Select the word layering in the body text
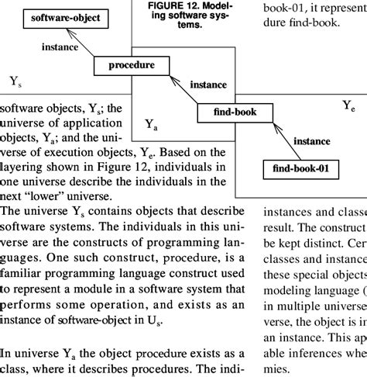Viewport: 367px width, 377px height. (x=22, y=166)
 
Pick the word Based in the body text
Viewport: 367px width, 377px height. (x=165, y=152)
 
